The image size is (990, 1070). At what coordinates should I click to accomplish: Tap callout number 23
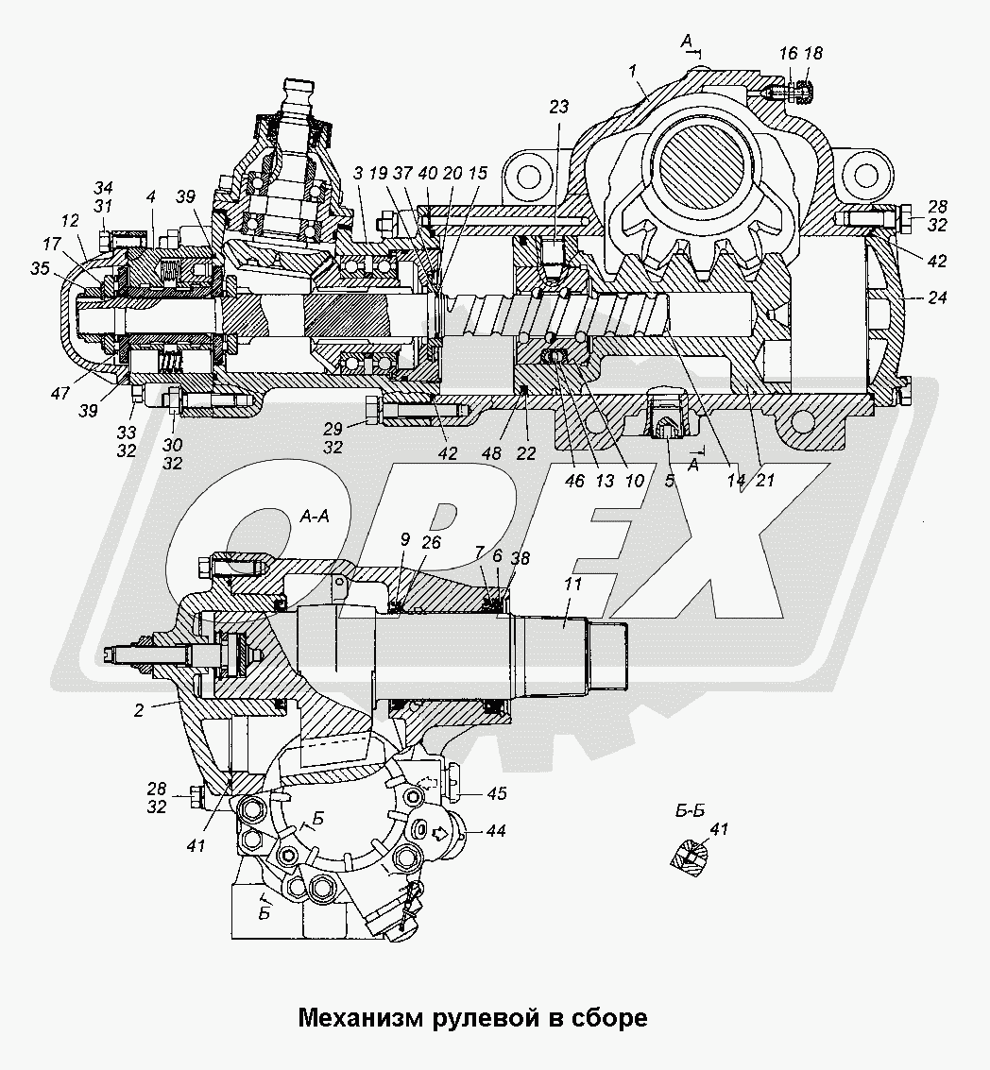559,108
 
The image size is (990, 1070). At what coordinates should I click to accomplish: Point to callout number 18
813,55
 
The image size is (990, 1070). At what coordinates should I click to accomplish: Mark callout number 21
764,480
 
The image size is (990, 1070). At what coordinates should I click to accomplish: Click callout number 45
496,793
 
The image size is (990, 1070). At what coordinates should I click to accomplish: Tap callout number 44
496,831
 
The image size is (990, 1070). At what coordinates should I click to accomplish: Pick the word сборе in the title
612,1018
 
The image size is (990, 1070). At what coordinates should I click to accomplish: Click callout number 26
431,542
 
